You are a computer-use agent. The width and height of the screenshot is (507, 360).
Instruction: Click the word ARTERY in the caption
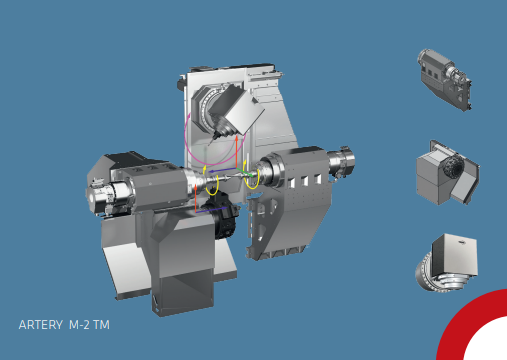pyautogui.click(x=41, y=325)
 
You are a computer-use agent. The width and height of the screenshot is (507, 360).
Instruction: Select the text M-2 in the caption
pyautogui.click(x=79, y=325)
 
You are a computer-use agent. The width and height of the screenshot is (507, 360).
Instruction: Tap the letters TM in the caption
pyautogui.click(x=101, y=325)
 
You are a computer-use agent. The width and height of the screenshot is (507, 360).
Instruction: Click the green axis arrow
pyautogui.click(x=245, y=173)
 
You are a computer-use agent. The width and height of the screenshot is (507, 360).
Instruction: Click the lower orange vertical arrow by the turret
pyautogui.click(x=196, y=198)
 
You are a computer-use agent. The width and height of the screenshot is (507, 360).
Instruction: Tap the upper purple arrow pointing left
pyautogui.click(x=223, y=171)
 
